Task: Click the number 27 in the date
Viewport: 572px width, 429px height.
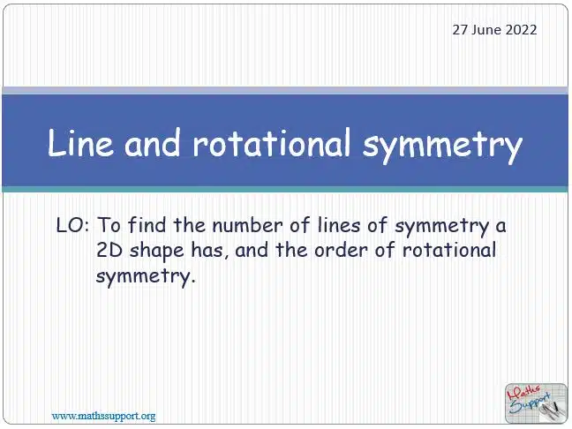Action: tap(460, 30)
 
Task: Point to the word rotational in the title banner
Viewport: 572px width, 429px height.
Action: tap(272, 143)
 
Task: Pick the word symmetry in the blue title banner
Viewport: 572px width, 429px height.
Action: tap(442, 146)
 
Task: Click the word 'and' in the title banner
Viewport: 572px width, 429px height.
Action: tap(153, 143)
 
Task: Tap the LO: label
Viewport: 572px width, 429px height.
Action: tap(73, 225)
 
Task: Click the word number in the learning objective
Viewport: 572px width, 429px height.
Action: tap(247, 225)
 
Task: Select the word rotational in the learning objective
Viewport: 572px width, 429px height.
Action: tap(449, 251)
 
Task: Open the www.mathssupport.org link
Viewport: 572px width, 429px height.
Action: tap(103, 416)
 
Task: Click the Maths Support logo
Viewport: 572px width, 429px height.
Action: tap(536, 403)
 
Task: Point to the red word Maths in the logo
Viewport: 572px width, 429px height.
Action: tap(524, 392)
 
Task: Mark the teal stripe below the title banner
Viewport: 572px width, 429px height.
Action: tap(285, 189)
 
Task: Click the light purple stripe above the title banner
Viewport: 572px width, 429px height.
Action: tap(285, 90)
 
